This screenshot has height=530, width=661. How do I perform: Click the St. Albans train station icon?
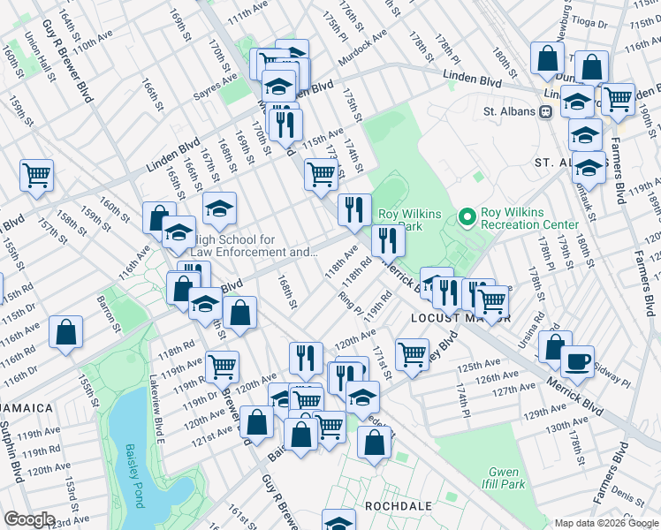(x=546, y=111)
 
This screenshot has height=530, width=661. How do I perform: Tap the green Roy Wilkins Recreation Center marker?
(x=467, y=216)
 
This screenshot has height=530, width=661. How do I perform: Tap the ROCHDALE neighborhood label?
(x=398, y=506)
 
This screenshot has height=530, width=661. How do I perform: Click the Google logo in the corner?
(x=29, y=519)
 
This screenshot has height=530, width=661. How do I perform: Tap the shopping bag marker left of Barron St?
(x=66, y=333)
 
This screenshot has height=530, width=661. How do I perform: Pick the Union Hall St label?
(x=38, y=56)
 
